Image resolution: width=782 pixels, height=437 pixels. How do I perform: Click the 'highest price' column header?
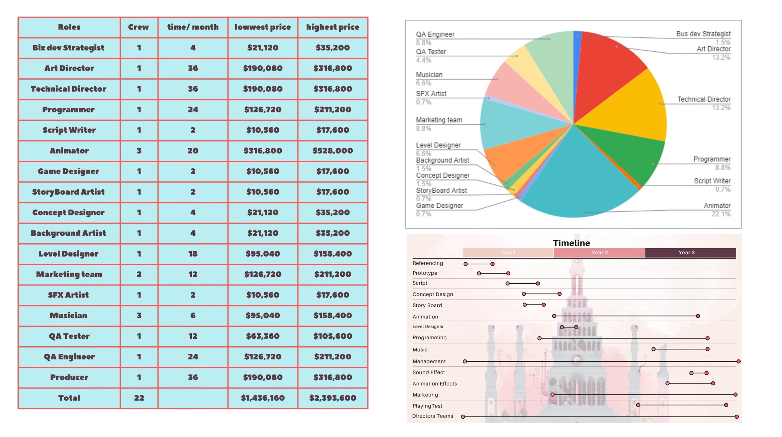point(332,27)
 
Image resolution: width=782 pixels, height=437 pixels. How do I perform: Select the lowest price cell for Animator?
point(263,151)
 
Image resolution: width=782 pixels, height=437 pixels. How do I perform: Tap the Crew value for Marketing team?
point(139,274)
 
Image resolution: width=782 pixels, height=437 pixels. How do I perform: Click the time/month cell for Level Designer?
point(193,254)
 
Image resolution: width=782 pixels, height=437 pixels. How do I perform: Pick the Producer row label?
point(69,377)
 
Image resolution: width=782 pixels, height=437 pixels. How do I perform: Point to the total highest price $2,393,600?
point(332,398)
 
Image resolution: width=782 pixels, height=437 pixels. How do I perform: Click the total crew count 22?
point(139,398)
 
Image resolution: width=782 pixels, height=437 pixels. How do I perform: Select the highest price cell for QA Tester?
point(332,336)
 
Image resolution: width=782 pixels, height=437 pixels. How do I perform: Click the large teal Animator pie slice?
point(578,178)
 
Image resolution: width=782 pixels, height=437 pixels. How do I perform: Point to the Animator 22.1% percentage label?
point(721,214)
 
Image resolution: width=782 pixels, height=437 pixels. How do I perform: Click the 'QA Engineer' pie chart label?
point(435,34)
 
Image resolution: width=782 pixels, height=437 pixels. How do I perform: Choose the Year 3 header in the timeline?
point(686,253)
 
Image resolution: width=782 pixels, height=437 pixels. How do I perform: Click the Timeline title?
point(572,243)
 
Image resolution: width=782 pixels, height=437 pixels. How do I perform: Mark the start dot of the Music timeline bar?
point(654,349)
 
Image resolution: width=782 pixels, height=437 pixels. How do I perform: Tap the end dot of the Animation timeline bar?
point(698,316)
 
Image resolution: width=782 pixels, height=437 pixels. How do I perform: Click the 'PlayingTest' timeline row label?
point(427,406)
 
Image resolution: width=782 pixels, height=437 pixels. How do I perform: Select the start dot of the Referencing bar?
point(466,264)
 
